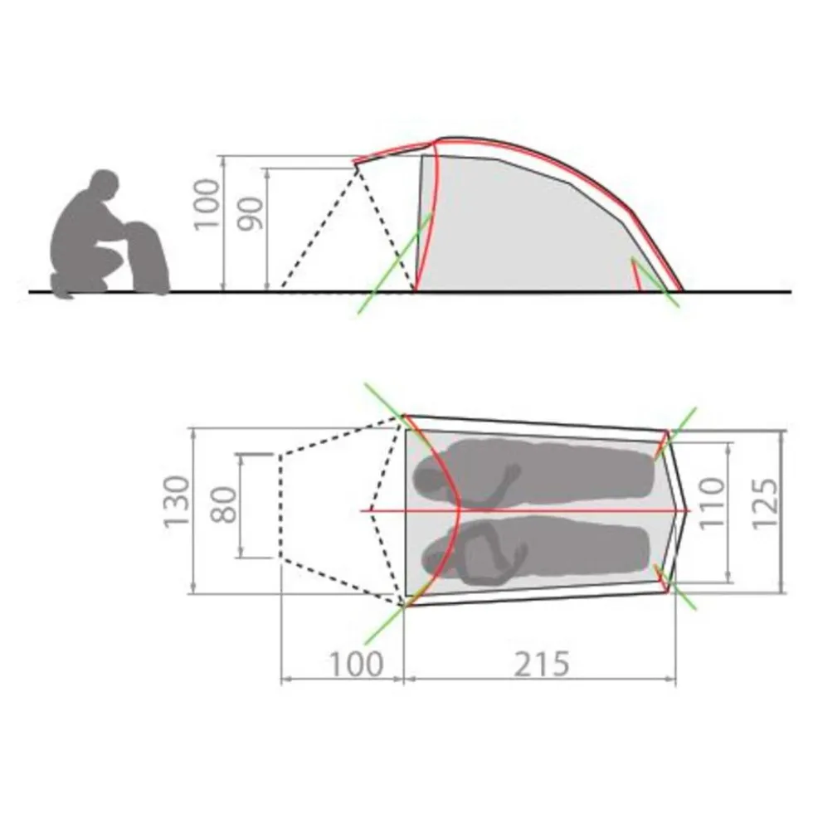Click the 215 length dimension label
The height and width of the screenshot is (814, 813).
pos(542,664)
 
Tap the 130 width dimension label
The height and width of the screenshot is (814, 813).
pos(177,502)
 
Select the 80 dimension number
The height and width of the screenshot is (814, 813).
pos(224,505)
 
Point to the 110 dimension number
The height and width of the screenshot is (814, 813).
pos(712,503)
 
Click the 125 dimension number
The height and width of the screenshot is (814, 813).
pos(765,503)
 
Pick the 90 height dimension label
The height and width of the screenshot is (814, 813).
pos(251,213)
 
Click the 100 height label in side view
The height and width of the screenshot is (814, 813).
pos(207,203)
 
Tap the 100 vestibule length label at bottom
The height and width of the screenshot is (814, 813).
pos(356,664)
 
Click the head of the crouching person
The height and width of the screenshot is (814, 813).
pos(105,183)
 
